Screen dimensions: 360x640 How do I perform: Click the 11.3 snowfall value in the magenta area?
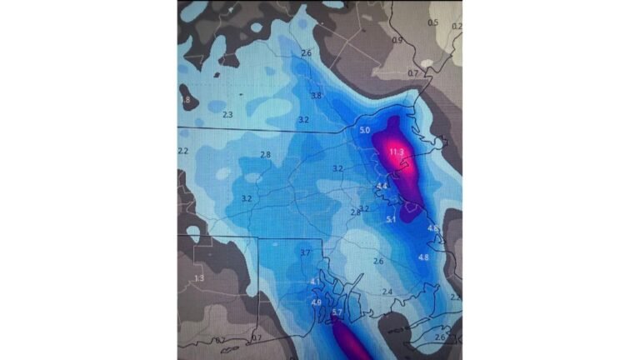[x=397, y=152]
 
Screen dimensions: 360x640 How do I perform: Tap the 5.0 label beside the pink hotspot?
[x=365, y=132]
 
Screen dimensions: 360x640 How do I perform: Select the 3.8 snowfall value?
[x=316, y=96]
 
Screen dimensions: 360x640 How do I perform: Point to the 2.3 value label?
[x=227, y=115]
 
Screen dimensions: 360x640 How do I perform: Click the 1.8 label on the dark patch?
[x=184, y=100]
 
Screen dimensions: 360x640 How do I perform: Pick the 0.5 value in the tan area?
[x=432, y=22]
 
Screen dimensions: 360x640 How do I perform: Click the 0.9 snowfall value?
[x=397, y=40]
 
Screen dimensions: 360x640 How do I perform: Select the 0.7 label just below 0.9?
[x=412, y=73]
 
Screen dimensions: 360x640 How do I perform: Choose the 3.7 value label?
[x=304, y=252]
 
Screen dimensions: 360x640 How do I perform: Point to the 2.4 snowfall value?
[x=387, y=292]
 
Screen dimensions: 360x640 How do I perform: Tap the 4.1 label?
[x=314, y=282]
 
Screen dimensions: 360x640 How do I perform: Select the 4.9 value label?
[x=316, y=302]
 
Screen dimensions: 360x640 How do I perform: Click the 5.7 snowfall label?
[x=337, y=312]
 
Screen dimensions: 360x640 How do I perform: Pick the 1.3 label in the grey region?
[x=198, y=278]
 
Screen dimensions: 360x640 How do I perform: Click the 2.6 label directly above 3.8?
[x=306, y=53]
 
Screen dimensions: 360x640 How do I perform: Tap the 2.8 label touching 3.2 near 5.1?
[x=356, y=212]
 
